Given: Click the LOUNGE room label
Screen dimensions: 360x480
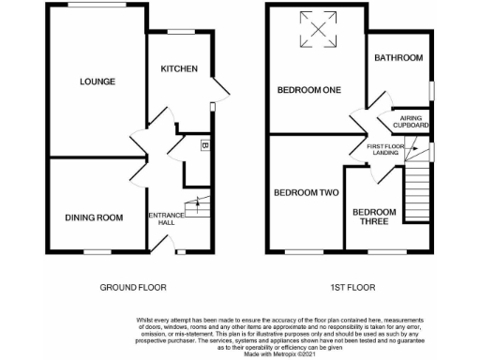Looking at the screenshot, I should point(97,82).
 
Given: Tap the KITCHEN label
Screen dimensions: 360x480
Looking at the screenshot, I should point(178,69).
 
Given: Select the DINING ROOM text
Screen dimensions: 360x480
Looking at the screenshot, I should point(94,217).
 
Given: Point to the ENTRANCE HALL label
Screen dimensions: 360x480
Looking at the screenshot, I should point(165,219).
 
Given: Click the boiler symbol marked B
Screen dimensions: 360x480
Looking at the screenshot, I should point(204,145).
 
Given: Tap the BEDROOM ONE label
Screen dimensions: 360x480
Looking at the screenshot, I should point(308,90).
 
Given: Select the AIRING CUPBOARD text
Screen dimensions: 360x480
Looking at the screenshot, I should point(410,121).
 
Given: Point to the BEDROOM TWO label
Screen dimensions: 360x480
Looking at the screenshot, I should point(306,193).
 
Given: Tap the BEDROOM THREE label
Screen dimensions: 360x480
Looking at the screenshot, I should point(374,217).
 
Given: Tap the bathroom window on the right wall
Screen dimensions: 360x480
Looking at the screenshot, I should point(432,89).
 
